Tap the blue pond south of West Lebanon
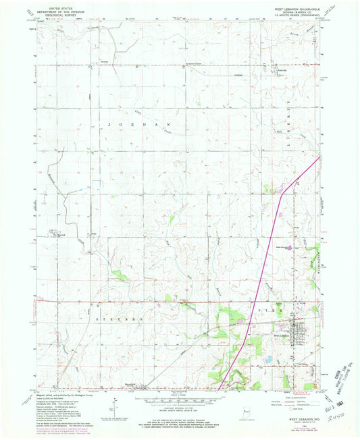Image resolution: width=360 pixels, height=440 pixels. click(x=269, y=359)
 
